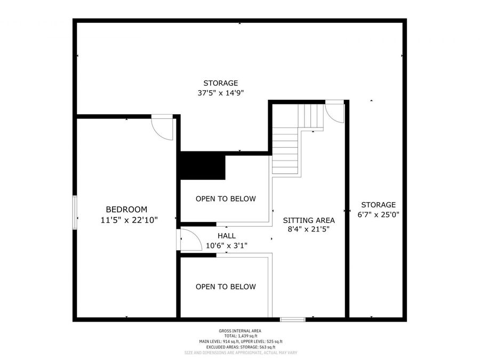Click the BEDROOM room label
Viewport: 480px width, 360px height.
pos(126,210)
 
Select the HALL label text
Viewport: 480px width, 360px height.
pos(226,236)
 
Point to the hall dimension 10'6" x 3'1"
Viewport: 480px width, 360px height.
pos(226,245)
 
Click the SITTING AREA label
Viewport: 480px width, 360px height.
pos(309,220)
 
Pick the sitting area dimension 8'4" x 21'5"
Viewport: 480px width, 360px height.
pos(309,230)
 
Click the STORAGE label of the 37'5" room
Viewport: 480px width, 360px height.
pos(220,83)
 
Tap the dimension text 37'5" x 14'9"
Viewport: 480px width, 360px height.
pos(220,93)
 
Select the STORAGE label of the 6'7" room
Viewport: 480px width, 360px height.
pos(378,205)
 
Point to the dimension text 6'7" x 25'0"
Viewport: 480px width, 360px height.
pos(378,214)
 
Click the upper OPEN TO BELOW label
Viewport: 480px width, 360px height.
pos(226,199)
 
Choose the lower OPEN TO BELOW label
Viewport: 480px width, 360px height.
pos(226,287)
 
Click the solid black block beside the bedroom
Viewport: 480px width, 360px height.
pos(203,167)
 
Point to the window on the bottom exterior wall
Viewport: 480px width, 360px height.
pos(293,319)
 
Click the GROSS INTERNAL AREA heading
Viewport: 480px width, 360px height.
pos(239,331)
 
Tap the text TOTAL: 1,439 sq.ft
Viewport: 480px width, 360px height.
pos(239,337)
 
